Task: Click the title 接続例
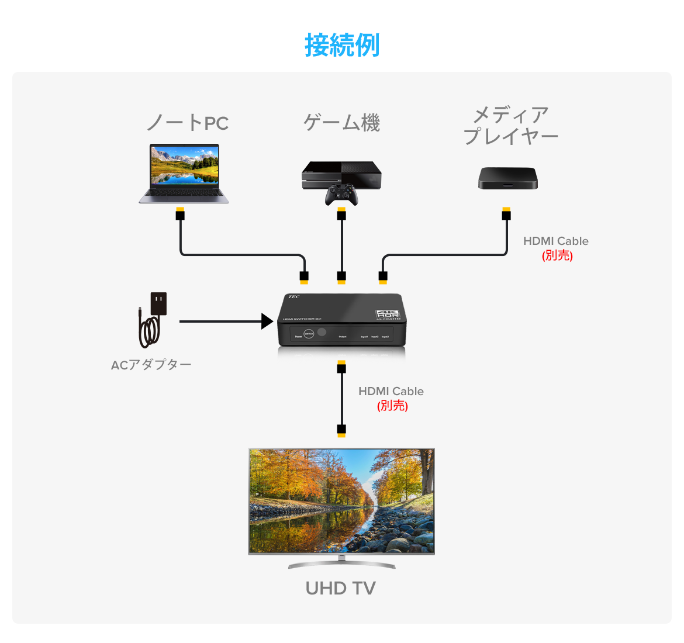(x=342, y=45)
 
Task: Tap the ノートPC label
(x=187, y=123)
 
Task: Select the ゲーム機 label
(x=342, y=123)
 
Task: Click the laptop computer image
(x=184, y=174)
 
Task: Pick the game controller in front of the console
(x=342, y=195)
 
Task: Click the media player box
(x=507, y=178)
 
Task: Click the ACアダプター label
(x=151, y=365)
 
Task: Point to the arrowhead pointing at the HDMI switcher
(x=267, y=321)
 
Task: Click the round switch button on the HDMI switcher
(x=309, y=334)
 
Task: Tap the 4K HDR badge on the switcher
(x=388, y=314)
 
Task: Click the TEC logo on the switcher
(x=293, y=298)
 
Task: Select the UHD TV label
(x=341, y=588)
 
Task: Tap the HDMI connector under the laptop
(x=180, y=213)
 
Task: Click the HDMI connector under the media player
(x=506, y=213)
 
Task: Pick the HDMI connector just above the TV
(x=341, y=430)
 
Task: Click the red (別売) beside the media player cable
(x=557, y=255)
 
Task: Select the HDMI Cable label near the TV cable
(x=391, y=391)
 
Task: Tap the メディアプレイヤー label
(x=510, y=126)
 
